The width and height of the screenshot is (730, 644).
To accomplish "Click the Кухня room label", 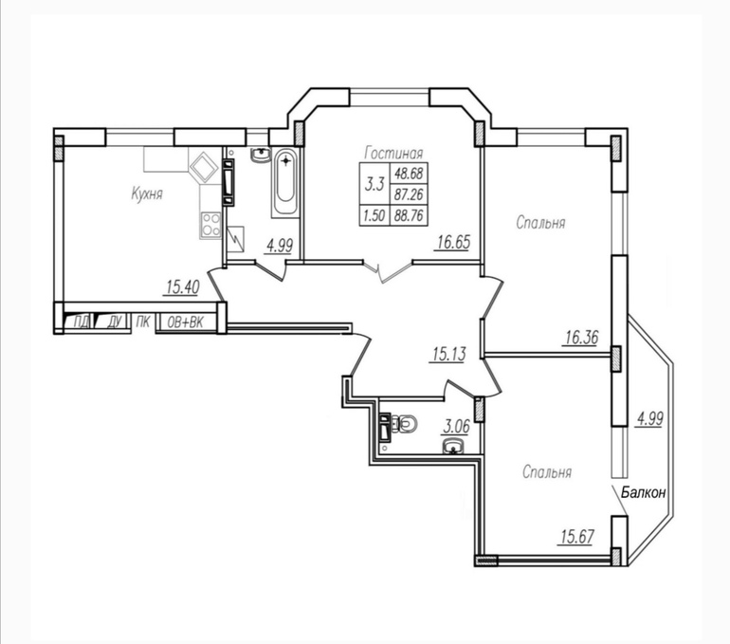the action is point(147,193).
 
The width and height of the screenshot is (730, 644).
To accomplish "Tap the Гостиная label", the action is point(393,153).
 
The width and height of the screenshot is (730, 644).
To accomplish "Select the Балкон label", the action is point(644,492).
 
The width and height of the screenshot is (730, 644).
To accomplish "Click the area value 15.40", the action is point(183,287).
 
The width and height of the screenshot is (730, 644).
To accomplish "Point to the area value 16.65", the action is point(454,242).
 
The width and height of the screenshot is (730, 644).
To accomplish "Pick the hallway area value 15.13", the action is point(448,355).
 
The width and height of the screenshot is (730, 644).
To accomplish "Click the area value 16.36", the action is point(581,337).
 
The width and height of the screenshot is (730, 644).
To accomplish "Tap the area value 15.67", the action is point(577,537).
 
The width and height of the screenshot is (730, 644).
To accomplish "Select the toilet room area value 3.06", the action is point(456,426).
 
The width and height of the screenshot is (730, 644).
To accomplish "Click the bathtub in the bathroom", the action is point(284,182).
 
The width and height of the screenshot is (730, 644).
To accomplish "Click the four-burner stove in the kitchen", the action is point(210,225).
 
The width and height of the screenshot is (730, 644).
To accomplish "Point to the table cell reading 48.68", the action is point(409,174).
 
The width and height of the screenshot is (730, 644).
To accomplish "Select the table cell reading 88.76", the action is point(409,215).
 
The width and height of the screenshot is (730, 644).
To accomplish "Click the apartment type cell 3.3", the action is point(374,184).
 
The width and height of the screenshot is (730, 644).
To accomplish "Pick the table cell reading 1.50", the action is point(374,215).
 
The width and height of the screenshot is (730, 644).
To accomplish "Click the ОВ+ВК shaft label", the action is point(185,322).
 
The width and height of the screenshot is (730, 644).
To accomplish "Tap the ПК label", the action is point(143,322).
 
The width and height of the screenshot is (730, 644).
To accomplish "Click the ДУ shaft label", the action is point(115,322).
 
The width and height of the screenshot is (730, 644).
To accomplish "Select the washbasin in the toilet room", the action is point(452,446).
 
